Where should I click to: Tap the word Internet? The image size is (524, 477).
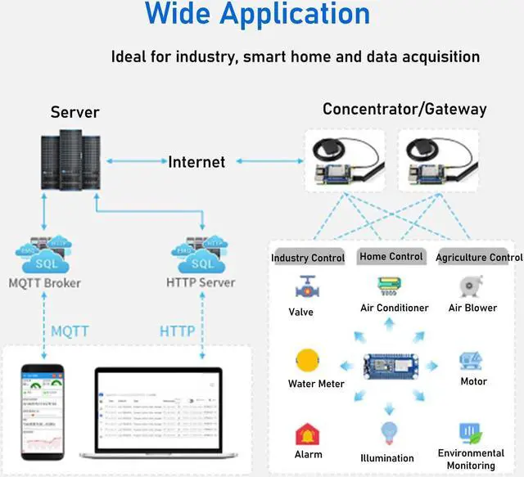coord(196,162)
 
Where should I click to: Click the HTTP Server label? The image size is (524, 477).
coord(201,283)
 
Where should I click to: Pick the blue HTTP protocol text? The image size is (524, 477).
coord(178,331)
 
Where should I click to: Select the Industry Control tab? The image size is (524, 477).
coord(308,258)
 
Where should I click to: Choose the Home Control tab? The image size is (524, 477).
coord(391,256)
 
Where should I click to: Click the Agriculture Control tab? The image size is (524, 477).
coord(478,258)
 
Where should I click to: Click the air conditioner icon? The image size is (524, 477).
coord(389,287)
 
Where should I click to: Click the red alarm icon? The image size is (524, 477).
coord(308,434)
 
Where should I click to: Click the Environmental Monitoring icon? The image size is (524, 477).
coord(470,432)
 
